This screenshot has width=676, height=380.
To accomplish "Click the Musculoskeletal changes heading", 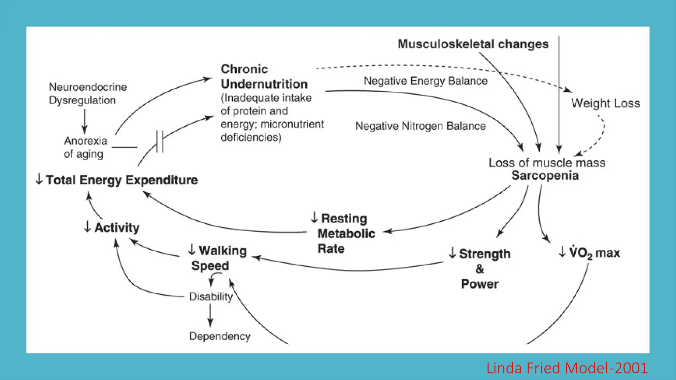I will [473, 44].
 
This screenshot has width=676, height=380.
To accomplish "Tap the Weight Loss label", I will [605, 103].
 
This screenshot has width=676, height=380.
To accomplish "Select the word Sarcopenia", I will [545, 175].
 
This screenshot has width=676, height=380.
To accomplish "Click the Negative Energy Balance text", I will [425, 81].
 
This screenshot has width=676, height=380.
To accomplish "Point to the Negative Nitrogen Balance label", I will [420, 126].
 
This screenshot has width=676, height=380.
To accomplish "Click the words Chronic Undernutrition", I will [264, 77].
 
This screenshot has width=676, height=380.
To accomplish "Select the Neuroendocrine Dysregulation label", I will [87, 94].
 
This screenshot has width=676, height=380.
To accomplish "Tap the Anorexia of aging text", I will [85, 147].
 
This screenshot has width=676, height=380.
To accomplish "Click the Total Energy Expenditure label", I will [121, 180].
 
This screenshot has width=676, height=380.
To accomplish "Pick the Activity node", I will [116, 228].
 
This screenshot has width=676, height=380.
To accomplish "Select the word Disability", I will [211, 297].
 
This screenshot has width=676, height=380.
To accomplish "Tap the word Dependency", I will [220, 336].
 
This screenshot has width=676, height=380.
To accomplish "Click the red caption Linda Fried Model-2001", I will [567, 368].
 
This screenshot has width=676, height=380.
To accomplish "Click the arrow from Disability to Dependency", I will [210, 315].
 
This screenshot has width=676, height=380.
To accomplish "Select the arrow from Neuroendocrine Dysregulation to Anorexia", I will [84, 121].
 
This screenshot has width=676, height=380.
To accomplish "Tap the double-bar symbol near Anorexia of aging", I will [160, 142].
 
